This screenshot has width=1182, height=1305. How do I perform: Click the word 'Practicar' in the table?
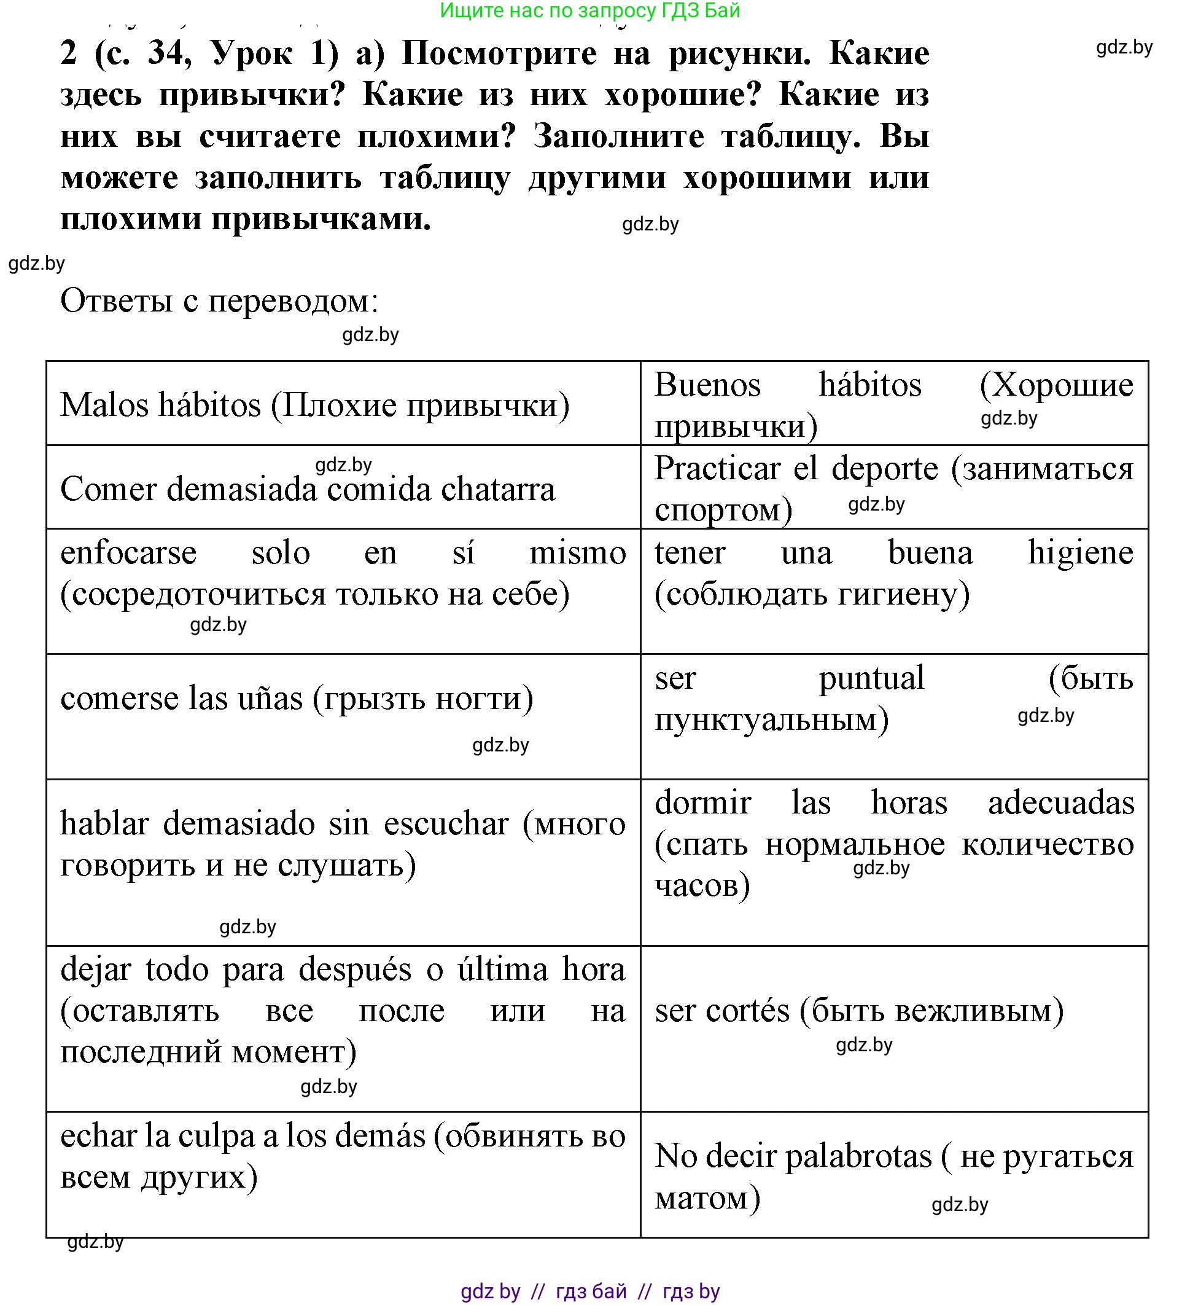[x=717, y=469]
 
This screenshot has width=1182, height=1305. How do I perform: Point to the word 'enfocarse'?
[x=129, y=554]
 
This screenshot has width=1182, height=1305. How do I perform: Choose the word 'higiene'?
[x=1080, y=554]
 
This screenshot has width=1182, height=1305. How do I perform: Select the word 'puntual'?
[x=871, y=678]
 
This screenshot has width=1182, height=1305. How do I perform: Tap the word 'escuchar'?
[x=446, y=824]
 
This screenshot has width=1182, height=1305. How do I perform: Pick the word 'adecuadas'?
[x=1060, y=803]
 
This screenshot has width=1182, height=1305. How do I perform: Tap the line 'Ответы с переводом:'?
[x=219, y=301]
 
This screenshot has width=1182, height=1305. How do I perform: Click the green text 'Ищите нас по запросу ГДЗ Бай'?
[x=589, y=10]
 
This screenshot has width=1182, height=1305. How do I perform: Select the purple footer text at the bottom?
[x=589, y=1291]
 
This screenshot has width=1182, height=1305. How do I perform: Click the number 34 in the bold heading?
[x=169, y=53]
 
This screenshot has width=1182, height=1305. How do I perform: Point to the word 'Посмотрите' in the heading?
[x=499, y=53]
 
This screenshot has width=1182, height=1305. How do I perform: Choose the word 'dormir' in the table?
[x=702, y=803]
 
